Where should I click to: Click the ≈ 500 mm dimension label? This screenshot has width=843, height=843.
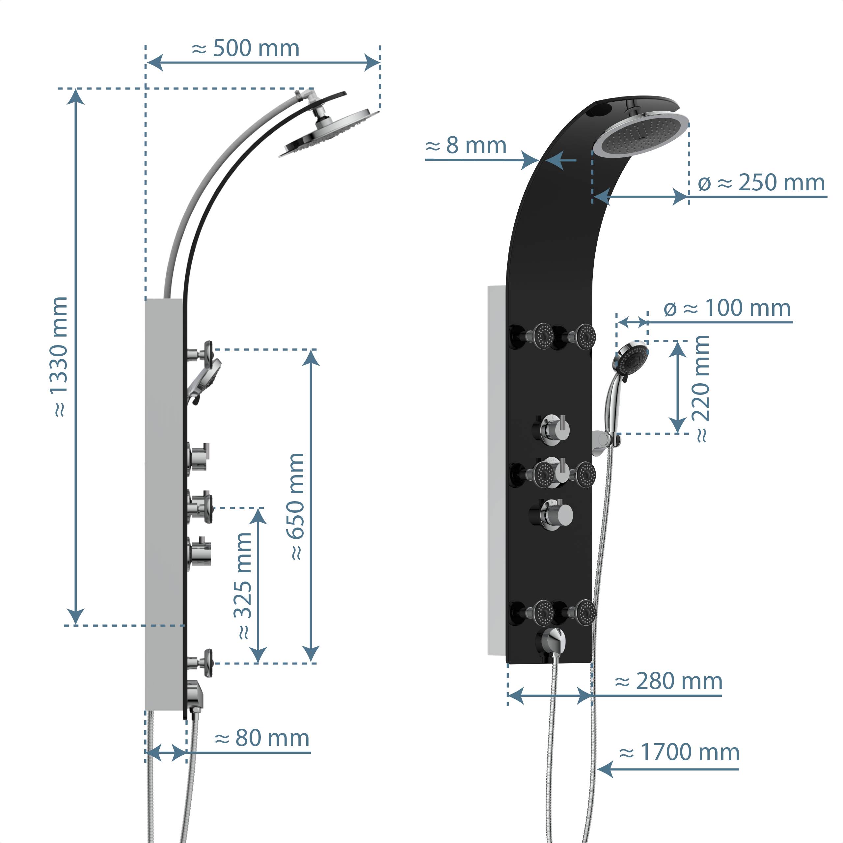click(245, 48)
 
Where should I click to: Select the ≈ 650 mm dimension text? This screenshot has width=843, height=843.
click(296, 506)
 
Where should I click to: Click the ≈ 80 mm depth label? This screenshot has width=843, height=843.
click(262, 738)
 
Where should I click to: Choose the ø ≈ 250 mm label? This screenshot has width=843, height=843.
click(761, 182)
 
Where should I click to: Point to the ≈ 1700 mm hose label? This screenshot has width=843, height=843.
click(679, 752)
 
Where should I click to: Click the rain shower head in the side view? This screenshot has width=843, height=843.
click(329, 133)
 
